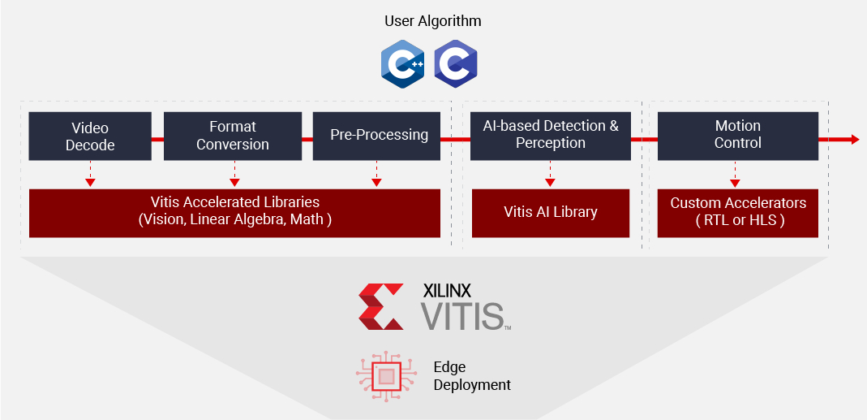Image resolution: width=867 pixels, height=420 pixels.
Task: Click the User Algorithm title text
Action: coord(433,20)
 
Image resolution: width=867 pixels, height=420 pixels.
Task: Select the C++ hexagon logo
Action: coord(403,64)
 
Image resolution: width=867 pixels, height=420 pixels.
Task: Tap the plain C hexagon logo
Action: coord(455,64)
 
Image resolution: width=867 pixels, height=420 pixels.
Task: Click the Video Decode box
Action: coord(89,136)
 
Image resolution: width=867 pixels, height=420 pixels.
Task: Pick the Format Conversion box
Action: coord(232,136)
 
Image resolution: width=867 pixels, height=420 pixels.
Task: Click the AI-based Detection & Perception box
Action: coord(550,135)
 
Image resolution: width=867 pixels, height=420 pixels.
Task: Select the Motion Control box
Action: coord(737,135)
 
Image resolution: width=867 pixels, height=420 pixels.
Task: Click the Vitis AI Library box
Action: coord(550,213)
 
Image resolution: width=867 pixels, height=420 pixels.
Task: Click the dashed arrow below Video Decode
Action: coord(90,174)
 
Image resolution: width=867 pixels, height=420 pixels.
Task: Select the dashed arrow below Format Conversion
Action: coord(234,174)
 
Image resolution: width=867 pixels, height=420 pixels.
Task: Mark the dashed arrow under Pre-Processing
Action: coord(376,174)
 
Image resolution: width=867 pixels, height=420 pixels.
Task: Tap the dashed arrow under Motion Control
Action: coord(735,174)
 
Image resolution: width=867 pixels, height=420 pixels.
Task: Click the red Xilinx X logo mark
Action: coord(381,306)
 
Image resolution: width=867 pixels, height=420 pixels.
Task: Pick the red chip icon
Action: coord(387,375)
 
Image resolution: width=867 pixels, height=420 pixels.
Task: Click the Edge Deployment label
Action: coord(471,376)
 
